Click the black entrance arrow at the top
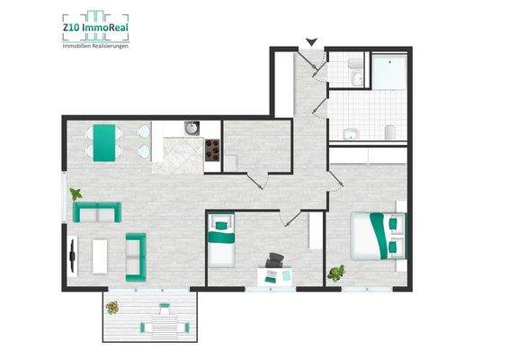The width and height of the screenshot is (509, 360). [x=312, y=41]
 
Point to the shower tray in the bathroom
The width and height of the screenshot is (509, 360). [x=390, y=72]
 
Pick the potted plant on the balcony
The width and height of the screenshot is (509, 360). [x=112, y=309]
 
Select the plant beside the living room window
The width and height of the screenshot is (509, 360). [x=77, y=193]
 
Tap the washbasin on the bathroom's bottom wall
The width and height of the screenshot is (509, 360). [x=349, y=134]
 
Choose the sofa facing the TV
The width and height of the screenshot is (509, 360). [x=136, y=256]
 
